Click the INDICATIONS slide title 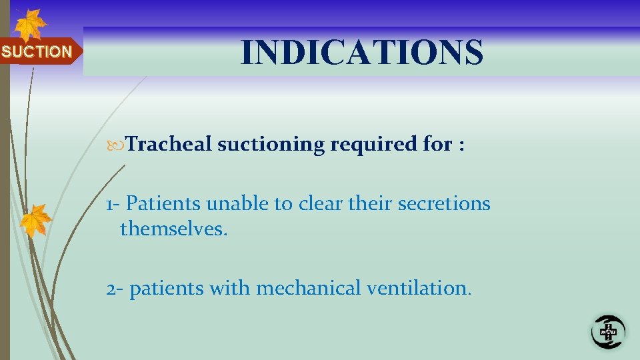click(x=362, y=53)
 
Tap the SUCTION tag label click(x=37, y=52)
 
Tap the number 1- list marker click(x=113, y=203)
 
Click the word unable click(x=226, y=203)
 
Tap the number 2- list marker click(x=114, y=289)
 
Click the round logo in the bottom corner click(x=608, y=331)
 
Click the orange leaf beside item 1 click(x=36, y=220)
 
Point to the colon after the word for click(x=461, y=145)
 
